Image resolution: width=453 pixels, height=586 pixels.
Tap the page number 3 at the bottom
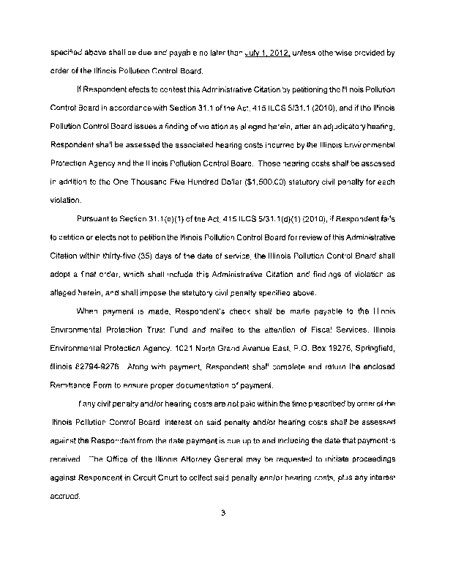click(222, 512)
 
